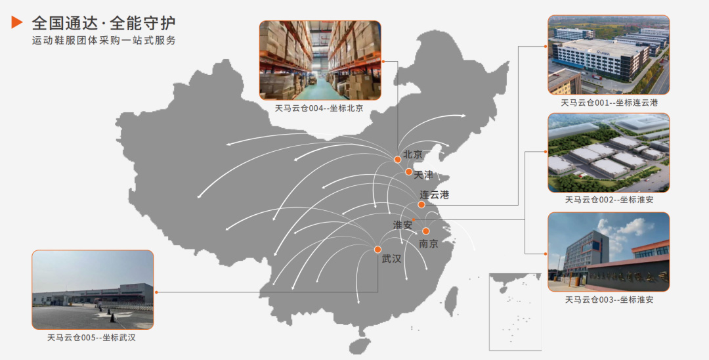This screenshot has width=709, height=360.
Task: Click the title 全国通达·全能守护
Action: (x=104, y=23)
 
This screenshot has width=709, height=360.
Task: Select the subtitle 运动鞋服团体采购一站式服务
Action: (x=104, y=41)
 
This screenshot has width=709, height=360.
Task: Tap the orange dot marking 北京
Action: (x=397, y=160)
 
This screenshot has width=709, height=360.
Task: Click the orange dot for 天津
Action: (x=408, y=172)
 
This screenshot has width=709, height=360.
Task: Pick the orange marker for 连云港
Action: (x=421, y=204)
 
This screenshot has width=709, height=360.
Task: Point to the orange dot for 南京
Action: (x=425, y=231)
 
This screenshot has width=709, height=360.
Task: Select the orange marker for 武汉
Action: (x=377, y=249)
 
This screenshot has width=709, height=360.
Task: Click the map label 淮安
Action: (x=402, y=225)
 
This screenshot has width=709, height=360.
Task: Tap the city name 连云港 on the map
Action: (x=435, y=194)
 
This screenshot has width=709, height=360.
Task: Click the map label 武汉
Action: (x=391, y=259)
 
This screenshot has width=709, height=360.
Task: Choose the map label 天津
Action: (x=423, y=175)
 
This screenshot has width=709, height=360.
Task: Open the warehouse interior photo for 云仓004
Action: (x=320, y=60)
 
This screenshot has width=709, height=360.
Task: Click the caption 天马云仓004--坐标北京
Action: (x=320, y=108)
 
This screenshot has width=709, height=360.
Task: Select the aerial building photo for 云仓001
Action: (x=609, y=55)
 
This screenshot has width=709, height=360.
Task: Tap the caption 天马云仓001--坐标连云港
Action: (x=609, y=102)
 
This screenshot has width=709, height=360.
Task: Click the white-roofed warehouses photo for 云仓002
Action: (x=609, y=152)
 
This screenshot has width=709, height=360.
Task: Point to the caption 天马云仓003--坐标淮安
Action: (x=609, y=300)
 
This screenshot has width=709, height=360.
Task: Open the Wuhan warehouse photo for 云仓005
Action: (x=93, y=290)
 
